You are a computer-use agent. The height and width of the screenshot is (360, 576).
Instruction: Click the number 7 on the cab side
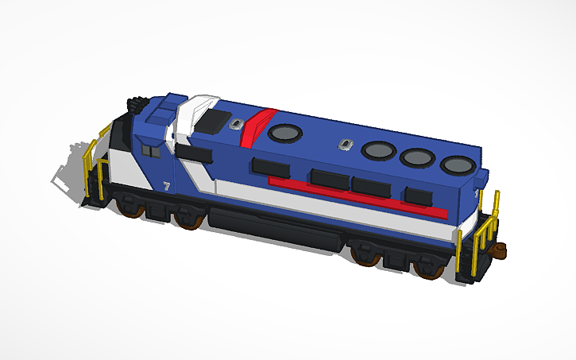tap(166, 186)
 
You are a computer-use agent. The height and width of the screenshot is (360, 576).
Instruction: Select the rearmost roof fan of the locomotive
tap(456, 165)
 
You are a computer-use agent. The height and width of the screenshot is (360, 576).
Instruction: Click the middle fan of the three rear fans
tap(416, 157)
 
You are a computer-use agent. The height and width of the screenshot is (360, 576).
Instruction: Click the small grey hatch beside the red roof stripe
tap(236, 123)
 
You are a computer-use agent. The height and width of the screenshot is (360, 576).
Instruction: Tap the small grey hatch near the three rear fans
tap(344, 145)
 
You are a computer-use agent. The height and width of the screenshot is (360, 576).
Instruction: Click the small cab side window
tap(150, 149)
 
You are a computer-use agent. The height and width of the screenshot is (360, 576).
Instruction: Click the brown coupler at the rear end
tap(502, 250)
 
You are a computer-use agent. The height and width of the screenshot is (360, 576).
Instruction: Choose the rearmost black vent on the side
tap(419, 195)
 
